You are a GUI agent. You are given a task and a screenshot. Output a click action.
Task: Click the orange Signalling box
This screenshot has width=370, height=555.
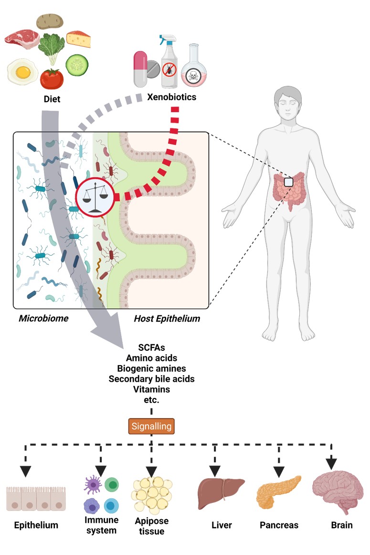(x=151, y=426)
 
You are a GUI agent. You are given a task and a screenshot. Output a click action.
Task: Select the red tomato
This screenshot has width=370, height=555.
(x=52, y=79)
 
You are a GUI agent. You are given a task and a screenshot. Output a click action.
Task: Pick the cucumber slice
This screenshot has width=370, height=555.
(x=76, y=64)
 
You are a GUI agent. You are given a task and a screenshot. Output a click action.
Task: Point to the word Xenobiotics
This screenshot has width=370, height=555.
(x=171, y=97)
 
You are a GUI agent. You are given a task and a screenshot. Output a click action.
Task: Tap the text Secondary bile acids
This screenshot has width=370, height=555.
(x=151, y=379)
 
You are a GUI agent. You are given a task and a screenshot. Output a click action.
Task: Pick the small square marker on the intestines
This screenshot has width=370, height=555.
(x=288, y=182)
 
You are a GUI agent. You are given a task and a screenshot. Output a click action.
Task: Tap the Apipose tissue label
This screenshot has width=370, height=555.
(x=151, y=525)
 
